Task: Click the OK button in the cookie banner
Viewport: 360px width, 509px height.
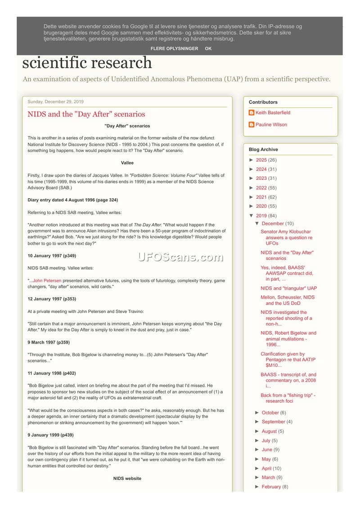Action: [208, 49]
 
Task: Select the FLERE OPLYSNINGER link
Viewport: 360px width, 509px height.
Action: [174, 49]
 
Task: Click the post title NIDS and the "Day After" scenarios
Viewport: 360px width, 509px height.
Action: [86, 114]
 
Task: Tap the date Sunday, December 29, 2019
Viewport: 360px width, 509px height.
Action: [55, 102]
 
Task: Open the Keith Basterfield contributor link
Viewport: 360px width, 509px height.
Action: [273, 113]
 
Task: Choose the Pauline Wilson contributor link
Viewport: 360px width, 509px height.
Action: [271, 125]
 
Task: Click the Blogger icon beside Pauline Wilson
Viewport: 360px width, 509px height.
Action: [252, 125]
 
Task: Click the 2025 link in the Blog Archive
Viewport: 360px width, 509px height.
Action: [261, 160]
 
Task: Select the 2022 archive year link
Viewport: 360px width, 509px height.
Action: [261, 188]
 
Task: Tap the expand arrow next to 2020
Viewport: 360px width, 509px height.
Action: [252, 206]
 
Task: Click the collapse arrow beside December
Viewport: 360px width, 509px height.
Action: [257, 223]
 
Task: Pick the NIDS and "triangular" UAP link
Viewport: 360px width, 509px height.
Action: [288, 288]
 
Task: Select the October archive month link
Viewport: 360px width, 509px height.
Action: [270, 413]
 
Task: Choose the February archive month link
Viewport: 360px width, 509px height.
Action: [271, 487]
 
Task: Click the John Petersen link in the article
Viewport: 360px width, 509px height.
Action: [47, 281]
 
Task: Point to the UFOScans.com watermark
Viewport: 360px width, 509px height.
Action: [180, 257]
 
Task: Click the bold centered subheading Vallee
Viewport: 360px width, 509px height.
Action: [127, 163]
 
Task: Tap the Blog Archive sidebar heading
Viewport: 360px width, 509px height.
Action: [263, 149]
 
